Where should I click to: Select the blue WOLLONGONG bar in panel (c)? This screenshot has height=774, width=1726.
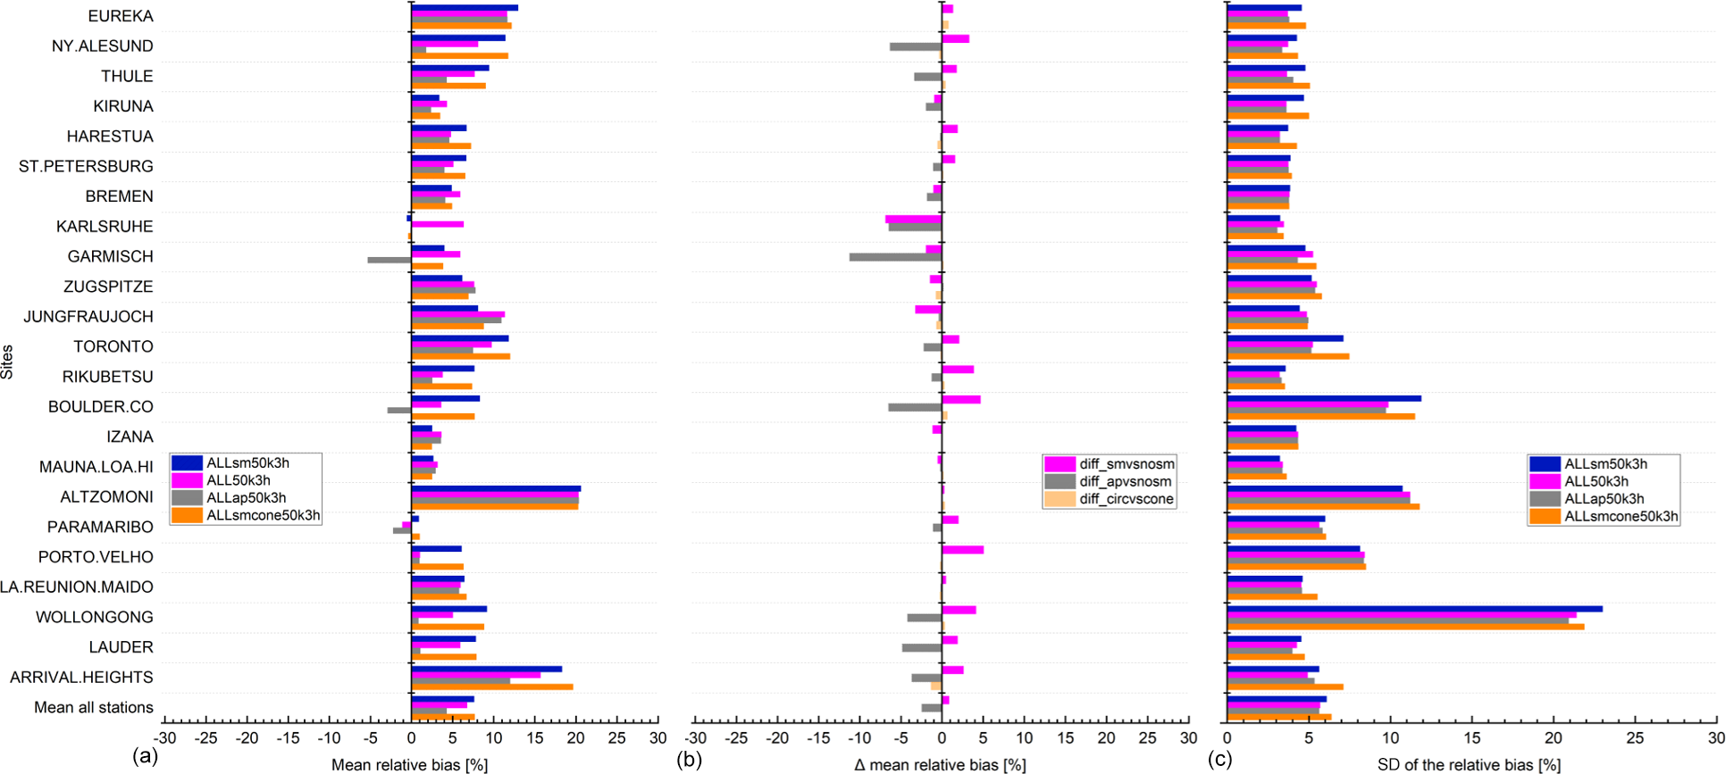[x=1414, y=609]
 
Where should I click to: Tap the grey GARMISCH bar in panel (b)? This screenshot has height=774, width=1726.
[x=895, y=257]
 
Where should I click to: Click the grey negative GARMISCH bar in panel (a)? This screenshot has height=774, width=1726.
[x=390, y=260]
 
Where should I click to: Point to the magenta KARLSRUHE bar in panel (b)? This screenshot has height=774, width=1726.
[x=913, y=219]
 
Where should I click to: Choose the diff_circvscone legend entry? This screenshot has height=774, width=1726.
[x=1126, y=499]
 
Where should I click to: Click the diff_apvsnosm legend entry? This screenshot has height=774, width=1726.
[x=1125, y=481]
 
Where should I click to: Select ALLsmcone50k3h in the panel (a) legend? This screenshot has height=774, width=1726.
[x=263, y=515]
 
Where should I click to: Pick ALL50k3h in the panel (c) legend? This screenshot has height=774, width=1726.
[x=1596, y=481]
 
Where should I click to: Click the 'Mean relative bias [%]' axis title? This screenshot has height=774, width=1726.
[x=409, y=765]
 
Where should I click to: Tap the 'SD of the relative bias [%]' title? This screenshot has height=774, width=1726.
[x=1469, y=765]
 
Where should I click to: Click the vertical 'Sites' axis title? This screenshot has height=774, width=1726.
[x=8, y=362]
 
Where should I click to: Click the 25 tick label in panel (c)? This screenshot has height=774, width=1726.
[x=1634, y=738]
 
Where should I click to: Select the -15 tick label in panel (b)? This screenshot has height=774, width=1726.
[x=818, y=738]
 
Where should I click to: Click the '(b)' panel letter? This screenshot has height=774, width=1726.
[x=689, y=759]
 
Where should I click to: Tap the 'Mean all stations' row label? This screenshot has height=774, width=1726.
[x=94, y=707]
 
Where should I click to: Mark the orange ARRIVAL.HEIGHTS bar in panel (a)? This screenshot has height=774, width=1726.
[x=492, y=687]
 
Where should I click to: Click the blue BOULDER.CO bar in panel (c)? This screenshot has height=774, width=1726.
[x=1324, y=398]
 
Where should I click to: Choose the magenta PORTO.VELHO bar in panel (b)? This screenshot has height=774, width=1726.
[x=963, y=550]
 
